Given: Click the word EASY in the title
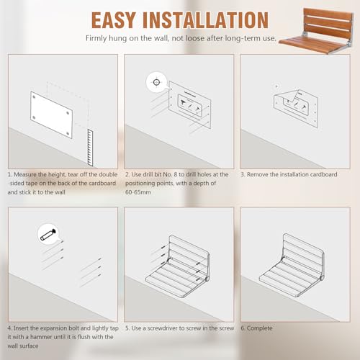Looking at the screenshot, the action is (113, 20).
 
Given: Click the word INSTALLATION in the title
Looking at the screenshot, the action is (206, 20).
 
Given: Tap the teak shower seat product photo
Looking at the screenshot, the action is (316, 30).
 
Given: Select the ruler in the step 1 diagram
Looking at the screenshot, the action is (90, 148).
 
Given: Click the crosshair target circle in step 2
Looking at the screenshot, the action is (156, 82).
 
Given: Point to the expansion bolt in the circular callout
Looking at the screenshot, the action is (49, 235).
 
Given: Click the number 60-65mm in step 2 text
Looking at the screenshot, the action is (138, 192).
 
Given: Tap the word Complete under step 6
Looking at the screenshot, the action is (260, 328).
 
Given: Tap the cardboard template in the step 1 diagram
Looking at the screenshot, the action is (51, 114).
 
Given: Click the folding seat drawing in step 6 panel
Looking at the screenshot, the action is (292, 265).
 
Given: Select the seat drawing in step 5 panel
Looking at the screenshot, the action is (178, 266).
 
